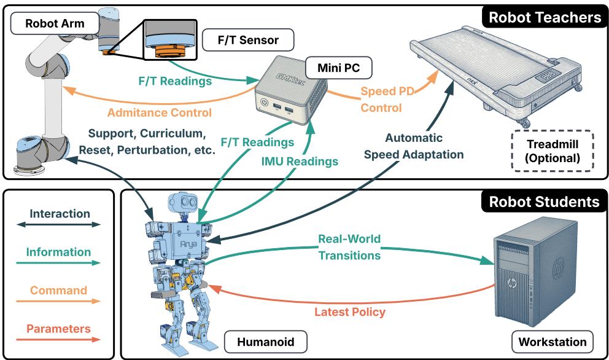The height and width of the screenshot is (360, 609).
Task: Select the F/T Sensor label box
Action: pyautogui.click(x=248, y=41)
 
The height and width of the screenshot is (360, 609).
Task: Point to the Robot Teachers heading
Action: pyautogui.click(x=543, y=17)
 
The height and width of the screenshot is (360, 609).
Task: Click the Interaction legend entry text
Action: pyautogui.click(x=60, y=214)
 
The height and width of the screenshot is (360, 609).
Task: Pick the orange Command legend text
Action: pyautogui.click(x=59, y=290)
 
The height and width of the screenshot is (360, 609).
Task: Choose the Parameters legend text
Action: pyautogui.click(x=59, y=329)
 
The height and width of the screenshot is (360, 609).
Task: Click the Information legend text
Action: pyautogui.click(x=59, y=252)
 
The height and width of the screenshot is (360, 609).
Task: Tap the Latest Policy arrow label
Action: pyautogui.click(x=350, y=312)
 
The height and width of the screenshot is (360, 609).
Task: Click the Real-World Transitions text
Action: pyautogui.click(x=349, y=246)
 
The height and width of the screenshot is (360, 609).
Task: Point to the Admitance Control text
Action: pyautogui.click(x=159, y=112)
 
